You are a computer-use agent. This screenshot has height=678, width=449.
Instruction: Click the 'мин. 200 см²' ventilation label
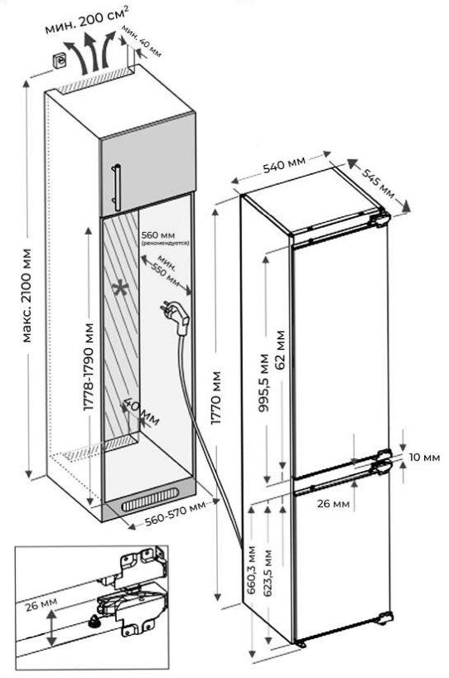point(86,22)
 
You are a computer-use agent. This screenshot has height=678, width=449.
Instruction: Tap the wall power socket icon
point(60,60)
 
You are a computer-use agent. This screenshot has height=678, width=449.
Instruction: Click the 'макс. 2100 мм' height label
point(27,295)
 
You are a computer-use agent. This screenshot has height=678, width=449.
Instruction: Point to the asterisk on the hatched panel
point(120,289)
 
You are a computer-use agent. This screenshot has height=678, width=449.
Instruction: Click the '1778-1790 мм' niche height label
point(88,366)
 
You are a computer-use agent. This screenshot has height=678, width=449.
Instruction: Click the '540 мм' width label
point(284,165)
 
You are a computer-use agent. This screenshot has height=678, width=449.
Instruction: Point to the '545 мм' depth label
point(378,183)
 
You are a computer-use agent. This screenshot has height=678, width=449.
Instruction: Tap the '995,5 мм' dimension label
point(263,383)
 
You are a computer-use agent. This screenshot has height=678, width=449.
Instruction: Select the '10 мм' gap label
point(424,457)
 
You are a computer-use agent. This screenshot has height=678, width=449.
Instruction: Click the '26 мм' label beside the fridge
point(333,503)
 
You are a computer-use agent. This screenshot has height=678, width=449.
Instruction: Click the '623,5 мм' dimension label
point(268,573)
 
